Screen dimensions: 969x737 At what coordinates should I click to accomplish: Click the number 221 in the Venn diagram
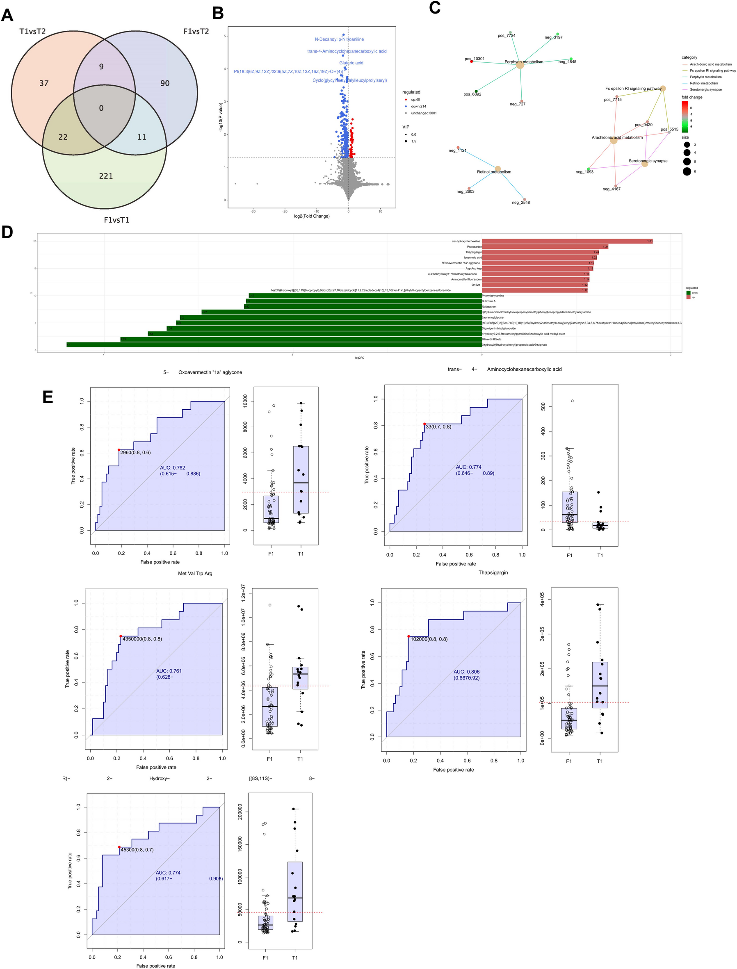pyautogui.click(x=106, y=176)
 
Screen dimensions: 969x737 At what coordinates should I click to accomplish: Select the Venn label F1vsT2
pyautogui.click(x=196, y=32)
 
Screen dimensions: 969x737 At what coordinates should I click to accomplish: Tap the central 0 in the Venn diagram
pyautogui.click(x=101, y=108)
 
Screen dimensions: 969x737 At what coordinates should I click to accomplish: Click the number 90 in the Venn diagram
pyautogui.click(x=165, y=83)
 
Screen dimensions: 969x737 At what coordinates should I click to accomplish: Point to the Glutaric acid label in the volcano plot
pyautogui.click(x=351, y=63)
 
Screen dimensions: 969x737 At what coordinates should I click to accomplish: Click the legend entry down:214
pyautogui.click(x=418, y=106)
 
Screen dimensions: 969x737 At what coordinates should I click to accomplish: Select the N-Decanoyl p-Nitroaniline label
pyautogui.click(x=339, y=39)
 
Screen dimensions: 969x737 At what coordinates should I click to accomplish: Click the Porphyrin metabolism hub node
pyautogui.click(x=520, y=64)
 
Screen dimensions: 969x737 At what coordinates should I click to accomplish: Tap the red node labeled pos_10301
pyautogui.click(x=472, y=62)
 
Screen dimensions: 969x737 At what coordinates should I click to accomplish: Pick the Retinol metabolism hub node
pyautogui.click(x=497, y=169)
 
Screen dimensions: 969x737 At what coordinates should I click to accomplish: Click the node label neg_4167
pyautogui.click(x=611, y=189)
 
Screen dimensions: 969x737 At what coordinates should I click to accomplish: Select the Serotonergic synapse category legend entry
pyautogui.click(x=705, y=89)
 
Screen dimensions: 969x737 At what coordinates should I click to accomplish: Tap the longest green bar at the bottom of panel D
pyautogui.click(x=274, y=345)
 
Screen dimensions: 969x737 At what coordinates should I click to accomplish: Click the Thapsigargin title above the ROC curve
pyautogui.click(x=493, y=572)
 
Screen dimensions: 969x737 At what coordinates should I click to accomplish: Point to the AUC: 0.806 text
pyautogui.click(x=466, y=672)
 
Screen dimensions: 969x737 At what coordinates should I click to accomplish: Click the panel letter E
pyautogui.click(x=48, y=397)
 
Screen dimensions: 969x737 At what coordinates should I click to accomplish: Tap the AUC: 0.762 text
pyautogui.click(x=172, y=467)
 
